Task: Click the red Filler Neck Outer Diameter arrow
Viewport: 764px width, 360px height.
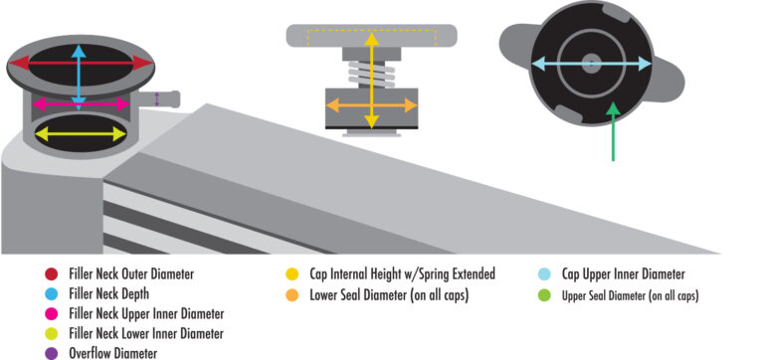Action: click(x=40, y=63)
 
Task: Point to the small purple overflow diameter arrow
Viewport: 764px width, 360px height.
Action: click(x=157, y=97)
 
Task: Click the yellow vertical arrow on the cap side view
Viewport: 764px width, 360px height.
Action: click(x=371, y=60)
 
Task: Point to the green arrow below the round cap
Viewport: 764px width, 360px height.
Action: click(x=614, y=134)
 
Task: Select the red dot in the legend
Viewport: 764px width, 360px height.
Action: click(x=51, y=273)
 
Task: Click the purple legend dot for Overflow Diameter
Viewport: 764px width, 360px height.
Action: click(x=51, y=352)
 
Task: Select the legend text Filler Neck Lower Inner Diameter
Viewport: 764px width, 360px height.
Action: click(x=146, y=333)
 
